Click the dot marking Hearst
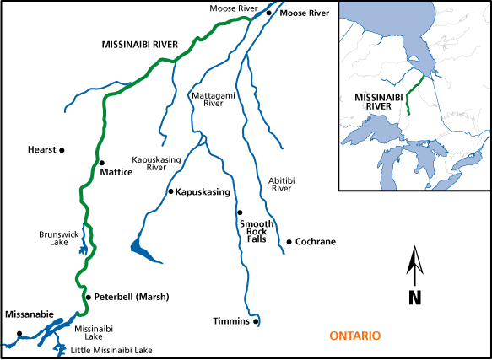[62, 150]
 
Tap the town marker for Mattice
[101, 163]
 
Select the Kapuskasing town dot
[170, 192]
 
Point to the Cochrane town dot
[289, 242]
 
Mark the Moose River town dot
[269, 13]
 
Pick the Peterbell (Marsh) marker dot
[86, 297]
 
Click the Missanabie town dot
[18, 333]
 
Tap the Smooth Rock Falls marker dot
[240, 212]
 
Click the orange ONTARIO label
[354, 336]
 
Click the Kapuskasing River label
[149, 163]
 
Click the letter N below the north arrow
[414, 296]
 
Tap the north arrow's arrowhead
[414, 255]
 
